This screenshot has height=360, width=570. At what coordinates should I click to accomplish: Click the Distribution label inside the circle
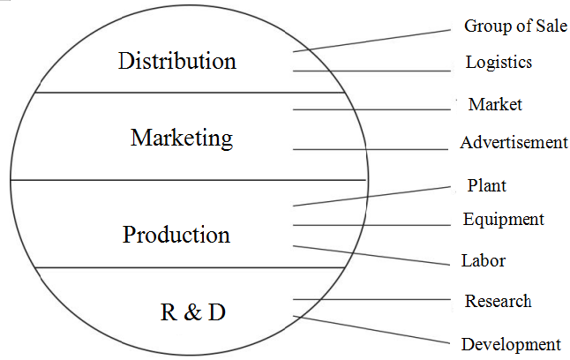coord(177,61)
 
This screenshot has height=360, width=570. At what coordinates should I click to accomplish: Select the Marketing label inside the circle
coord(182,138)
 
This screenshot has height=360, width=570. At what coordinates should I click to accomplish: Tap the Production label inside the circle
coord(176,235)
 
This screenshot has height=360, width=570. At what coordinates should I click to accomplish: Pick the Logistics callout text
coord(499,62)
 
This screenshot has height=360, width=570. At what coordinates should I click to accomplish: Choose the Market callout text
coord(495,104)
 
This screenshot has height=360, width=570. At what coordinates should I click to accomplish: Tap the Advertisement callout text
coord(514,142)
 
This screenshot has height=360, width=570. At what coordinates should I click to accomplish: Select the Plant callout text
coord(486,185)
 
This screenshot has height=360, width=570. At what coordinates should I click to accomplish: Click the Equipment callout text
coord(503,219)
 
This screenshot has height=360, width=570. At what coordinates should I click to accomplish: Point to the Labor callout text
coord(483,260)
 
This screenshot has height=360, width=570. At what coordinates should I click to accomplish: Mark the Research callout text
coord(498,301)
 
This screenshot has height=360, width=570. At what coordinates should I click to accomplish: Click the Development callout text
coord(510,343)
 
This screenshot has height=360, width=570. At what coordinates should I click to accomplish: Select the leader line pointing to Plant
coord(371,196)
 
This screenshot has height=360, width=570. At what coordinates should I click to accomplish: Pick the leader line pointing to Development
coord(371,329)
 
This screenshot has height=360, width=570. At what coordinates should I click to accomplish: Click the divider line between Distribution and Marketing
coord(190,92)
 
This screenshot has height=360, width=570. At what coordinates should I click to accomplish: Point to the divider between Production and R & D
coord(190,267)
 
